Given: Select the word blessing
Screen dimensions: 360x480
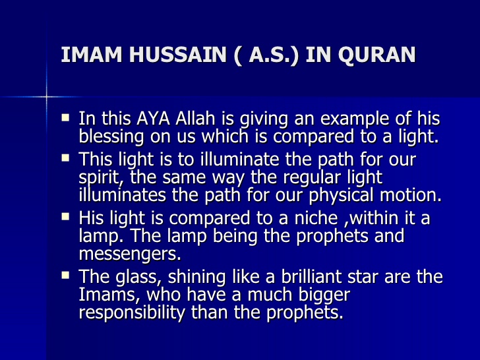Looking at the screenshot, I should click(111, 137).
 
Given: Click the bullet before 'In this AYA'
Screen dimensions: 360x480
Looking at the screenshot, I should click(65, 119).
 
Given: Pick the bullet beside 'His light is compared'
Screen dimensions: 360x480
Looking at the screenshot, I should click(65, 217).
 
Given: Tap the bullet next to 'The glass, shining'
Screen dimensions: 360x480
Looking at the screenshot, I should click(65, 276).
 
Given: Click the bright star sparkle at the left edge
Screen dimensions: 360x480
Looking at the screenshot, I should click(47, 97).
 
